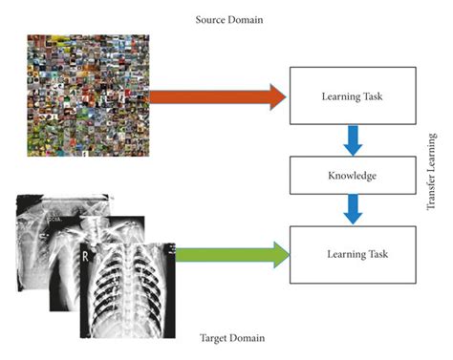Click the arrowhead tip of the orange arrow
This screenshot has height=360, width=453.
click(286, 96)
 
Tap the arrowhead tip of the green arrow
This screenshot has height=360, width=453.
click(289, 255)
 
